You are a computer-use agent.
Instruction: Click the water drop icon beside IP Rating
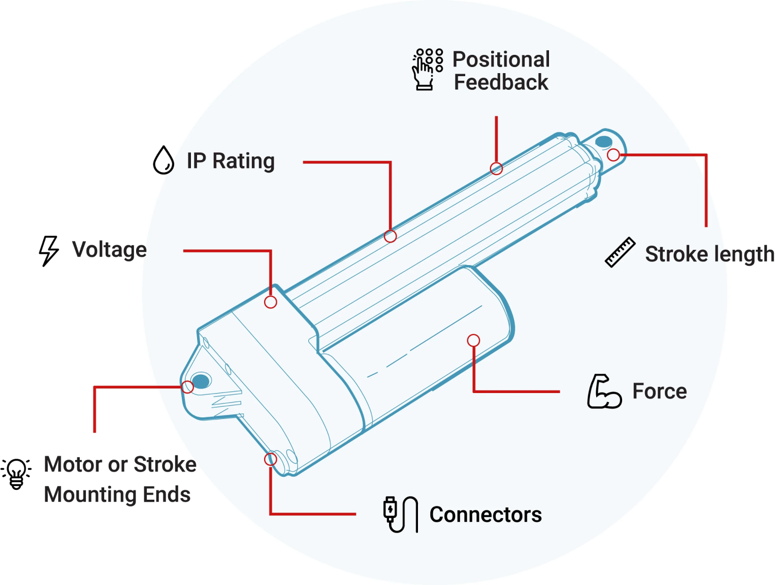pos(164,160)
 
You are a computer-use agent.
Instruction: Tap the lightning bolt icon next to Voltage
pos(49,250)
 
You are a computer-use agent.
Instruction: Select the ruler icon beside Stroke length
pos(620,252)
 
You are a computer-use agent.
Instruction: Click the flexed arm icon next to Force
pos(604,392)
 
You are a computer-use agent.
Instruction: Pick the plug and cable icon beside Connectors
pos(400,514)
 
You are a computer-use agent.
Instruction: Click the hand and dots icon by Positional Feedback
pos(427,70)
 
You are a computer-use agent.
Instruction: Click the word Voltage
pos(109,250)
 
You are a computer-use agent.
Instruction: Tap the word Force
pos(659,392)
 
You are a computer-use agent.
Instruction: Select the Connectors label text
pos(486,515)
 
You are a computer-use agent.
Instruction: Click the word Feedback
pos(501,82)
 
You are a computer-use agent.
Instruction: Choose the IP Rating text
pos(231,161)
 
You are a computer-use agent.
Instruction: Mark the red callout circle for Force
pos(473,340)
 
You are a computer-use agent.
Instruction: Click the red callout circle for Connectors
pos(271,460)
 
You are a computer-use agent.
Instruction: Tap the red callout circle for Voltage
pos(271,302)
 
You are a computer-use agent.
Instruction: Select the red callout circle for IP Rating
pos(390,236)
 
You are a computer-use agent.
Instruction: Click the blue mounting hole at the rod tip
pos(604,141)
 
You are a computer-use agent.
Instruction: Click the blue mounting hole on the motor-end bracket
pos(201,381)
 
